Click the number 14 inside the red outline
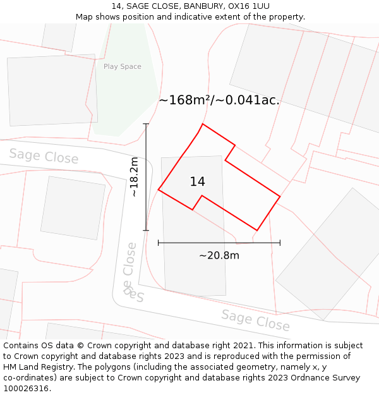tap(197, 182)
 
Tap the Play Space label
tap(123, 66)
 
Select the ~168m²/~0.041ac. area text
tap(219, 100)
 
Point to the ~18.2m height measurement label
tap(134, 178)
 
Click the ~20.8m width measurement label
tap(219, 256)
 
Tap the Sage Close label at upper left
tap(44, 155)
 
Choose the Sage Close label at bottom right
tap(255, 320)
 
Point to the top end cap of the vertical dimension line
tap(147, 124)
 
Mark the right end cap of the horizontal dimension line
tap(280, 243)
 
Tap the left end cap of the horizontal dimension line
tap(159, 243)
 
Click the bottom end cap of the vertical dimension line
tap(147, 230)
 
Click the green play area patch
tap(126, 95)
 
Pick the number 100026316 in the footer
tap(26, 389)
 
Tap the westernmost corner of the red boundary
tap(159, 189)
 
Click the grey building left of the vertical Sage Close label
tap(73, 208)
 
